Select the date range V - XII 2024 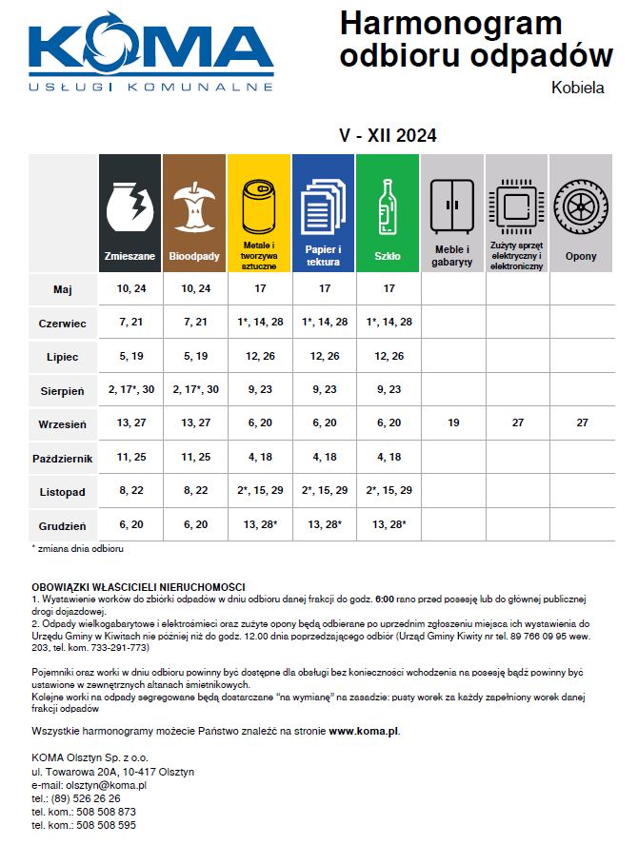coord(388,136)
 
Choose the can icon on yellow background coord(258,204)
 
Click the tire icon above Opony coord(581,204)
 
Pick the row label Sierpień coord(64,390)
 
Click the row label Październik coord(64,458)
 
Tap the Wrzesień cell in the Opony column coord(582,422)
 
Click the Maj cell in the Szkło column coord(388,288)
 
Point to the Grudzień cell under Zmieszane coord(130,524)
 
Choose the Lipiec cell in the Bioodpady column coord(194,356)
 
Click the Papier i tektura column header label coord(324,255)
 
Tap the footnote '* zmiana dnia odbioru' coord(78,549)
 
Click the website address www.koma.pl coord(364,732)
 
